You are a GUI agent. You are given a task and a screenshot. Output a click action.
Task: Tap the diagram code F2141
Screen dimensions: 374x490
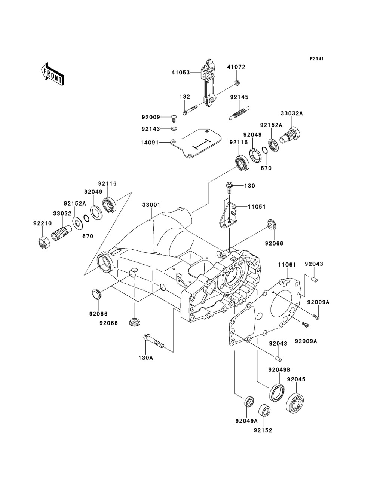tap(317, 59)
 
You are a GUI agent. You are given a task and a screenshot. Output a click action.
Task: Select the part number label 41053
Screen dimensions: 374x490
tap(181, 73)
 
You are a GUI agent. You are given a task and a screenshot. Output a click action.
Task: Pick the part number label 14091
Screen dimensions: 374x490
tap(150, 142)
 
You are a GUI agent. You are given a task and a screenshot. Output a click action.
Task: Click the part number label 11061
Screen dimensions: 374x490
tap(287, 265)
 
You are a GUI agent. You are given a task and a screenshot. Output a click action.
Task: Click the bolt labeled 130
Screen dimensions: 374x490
tap(229, 188)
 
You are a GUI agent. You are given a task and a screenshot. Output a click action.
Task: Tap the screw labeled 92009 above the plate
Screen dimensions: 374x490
tap(174, 118)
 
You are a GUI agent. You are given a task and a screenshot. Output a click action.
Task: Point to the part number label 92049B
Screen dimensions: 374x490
tap(279, 370)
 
